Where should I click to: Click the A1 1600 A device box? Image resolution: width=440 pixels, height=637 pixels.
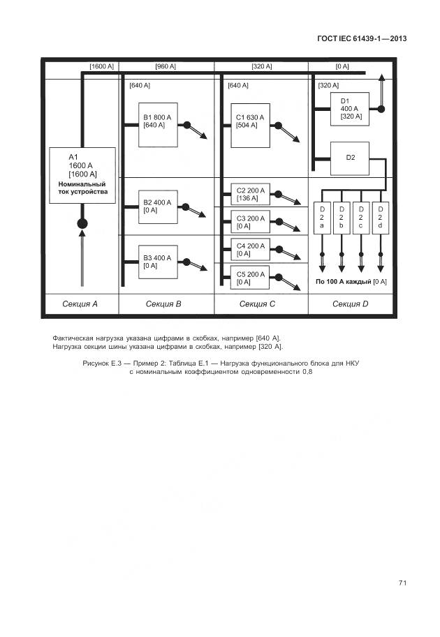tap(82, 175)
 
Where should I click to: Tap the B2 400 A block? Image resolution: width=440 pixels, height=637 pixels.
tap(157, 207)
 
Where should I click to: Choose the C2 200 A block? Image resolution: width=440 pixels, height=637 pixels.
tap(250, 194)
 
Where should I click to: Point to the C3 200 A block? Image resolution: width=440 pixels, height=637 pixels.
tap(250, 222)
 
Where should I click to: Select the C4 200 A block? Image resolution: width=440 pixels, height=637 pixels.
tap(250, 249)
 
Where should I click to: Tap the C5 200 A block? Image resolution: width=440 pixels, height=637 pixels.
tap(250, 277)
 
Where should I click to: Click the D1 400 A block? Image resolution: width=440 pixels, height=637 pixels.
tap(350, 109)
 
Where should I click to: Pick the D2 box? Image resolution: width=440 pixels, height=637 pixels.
tap(350, 158)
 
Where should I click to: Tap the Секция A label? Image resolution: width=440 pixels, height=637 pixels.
tap(80, 303)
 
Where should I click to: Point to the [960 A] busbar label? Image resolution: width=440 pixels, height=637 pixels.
tap(166, 66)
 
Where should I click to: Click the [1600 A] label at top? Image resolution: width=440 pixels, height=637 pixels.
tap(101, 66)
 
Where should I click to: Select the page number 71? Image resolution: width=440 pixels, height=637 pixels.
tap(402, 583)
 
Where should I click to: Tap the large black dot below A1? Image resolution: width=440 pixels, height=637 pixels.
tap(82, 223)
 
